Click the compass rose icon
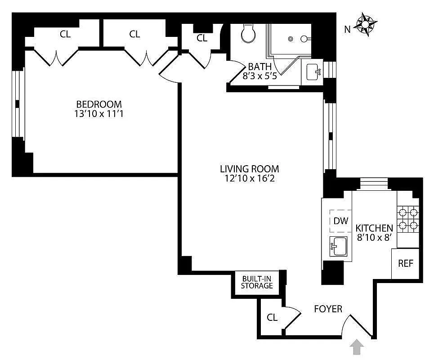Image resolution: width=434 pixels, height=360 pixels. point(367,24)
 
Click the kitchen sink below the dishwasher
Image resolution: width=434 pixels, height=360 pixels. point(339,246)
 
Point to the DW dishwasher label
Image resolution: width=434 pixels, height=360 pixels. point(341,221)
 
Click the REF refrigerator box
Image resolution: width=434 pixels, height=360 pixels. point(405,264)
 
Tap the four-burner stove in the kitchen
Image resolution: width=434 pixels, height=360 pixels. point(408,218)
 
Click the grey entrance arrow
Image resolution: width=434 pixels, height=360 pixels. point(357,347)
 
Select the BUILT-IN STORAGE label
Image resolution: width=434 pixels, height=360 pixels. point(257,282)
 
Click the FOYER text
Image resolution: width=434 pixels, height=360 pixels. point(328,309)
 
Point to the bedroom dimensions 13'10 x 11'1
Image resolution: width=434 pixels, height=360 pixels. point(99,114)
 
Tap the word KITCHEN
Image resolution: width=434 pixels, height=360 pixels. point(374,228)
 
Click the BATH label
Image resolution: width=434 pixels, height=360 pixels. point(260,67)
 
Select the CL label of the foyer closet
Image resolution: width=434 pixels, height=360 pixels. point(272,317)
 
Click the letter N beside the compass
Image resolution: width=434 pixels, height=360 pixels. point(347,30)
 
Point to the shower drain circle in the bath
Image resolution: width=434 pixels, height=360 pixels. point(291,39)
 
